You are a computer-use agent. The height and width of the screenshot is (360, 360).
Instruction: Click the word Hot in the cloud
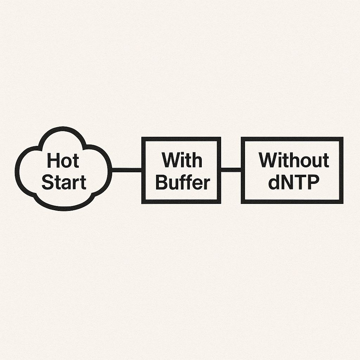click(63, 160)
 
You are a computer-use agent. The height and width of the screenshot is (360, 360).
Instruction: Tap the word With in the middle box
click(182, 160)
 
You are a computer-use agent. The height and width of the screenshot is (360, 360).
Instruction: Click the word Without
click(294, 160)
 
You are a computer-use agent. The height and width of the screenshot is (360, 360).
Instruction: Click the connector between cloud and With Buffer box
click(127, 170)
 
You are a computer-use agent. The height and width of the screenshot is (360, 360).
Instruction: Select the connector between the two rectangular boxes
click(231, 170)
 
